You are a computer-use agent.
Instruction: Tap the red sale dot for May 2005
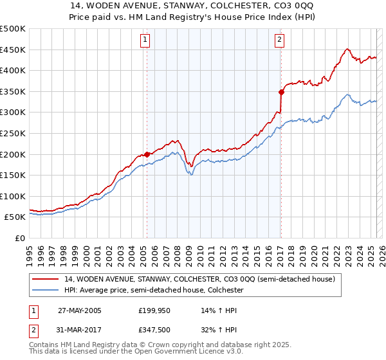(147, 154)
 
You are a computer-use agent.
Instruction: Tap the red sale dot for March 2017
(281, 93)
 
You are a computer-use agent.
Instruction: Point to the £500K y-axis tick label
(13, 29)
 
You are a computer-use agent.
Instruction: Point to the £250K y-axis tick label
(13, 133)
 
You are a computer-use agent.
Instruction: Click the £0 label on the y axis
(20, 238)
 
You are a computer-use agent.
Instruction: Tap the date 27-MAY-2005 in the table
(80, 310)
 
